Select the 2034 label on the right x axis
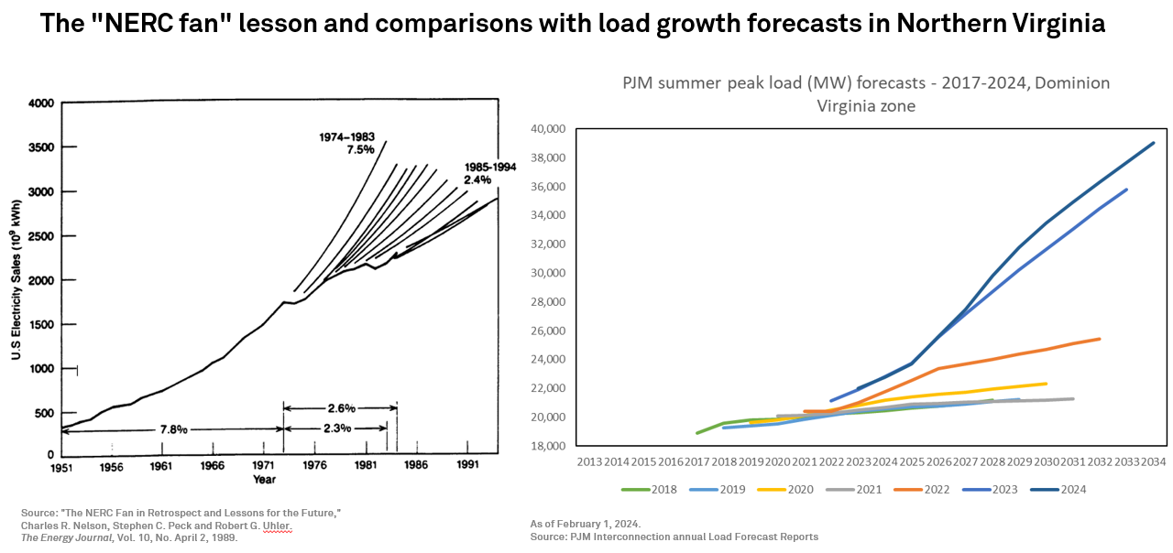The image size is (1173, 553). pyautogui.click(x=1153, y=461)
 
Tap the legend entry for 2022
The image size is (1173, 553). pyautogui.click(x=936, y=490)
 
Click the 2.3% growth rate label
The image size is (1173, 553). pyautogui.click(x=334, y=428)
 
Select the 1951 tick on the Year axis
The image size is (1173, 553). pyautogui.click(x=60, y=466)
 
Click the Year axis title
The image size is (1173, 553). pyautogui.click(x=264, y=480)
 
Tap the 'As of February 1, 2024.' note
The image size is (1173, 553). pyautogui.click(x=586, y=523)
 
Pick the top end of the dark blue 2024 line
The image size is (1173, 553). pyautogui.click(x=1153, y=143)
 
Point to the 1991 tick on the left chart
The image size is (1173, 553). pyautogui.click(x=467, y=466)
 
